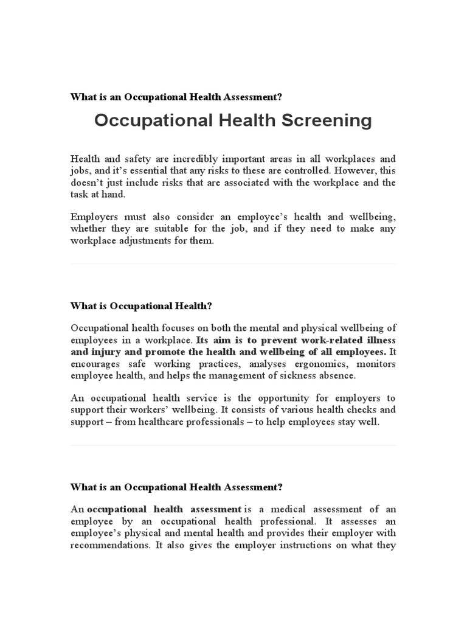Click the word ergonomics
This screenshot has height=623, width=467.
point(308,364)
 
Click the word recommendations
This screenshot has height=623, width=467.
point(109,545)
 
